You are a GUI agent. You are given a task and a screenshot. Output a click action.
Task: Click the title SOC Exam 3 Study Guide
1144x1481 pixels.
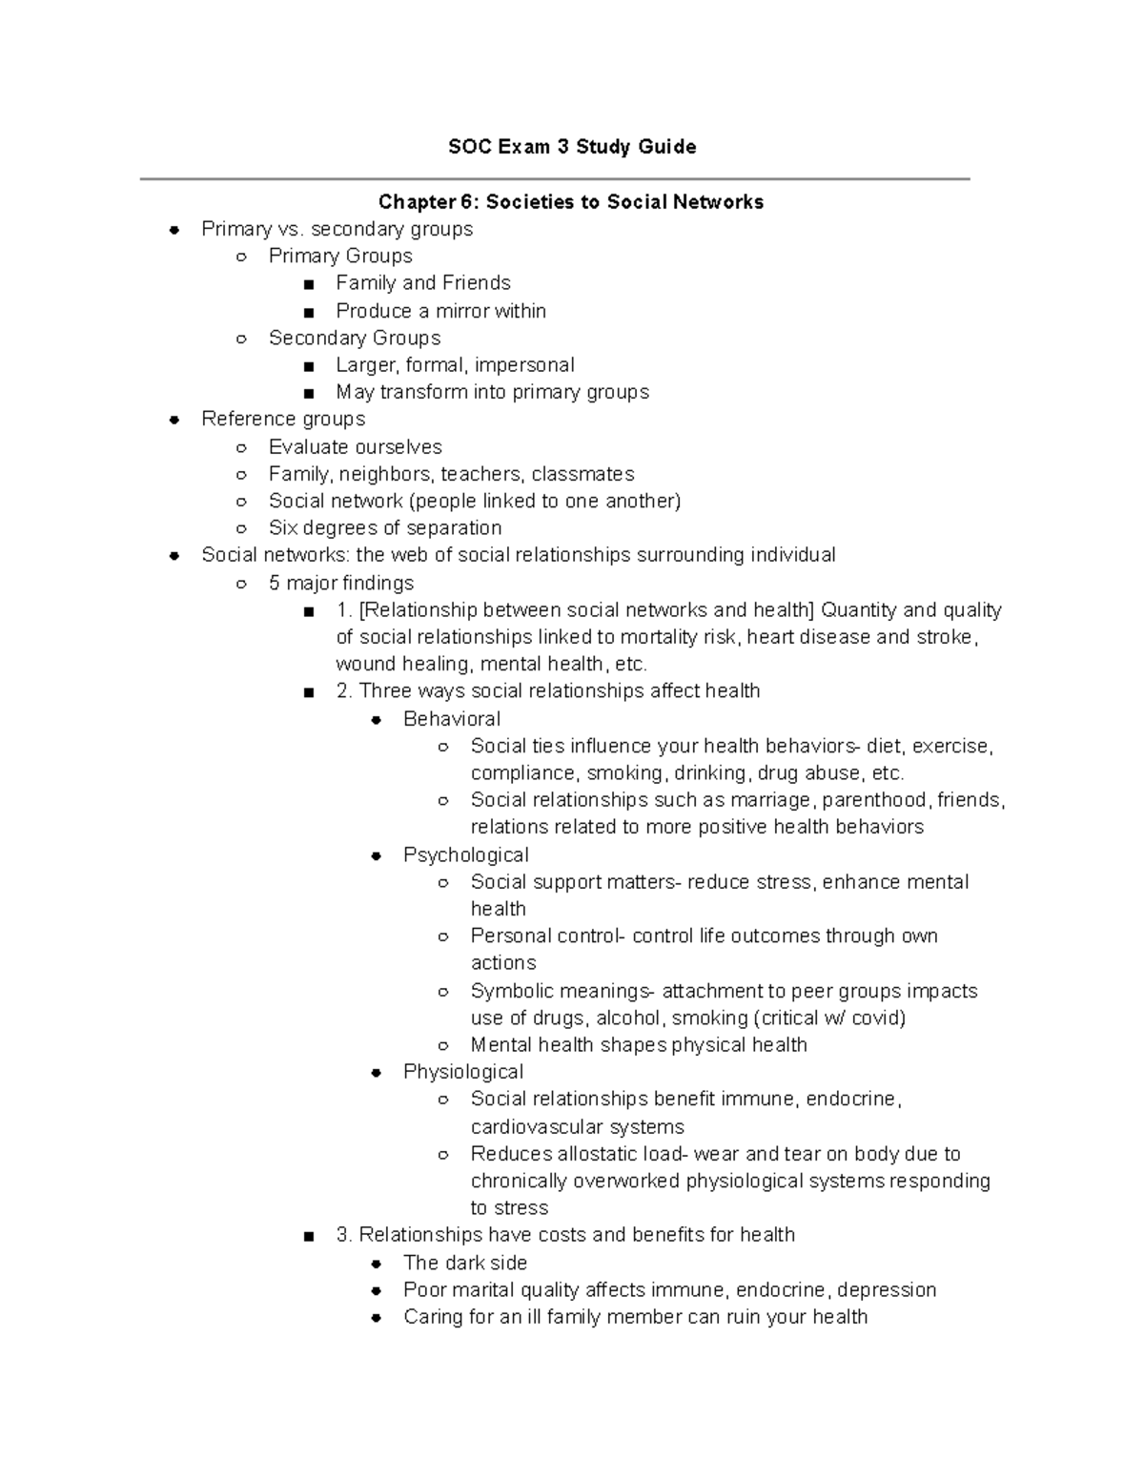point(572,147)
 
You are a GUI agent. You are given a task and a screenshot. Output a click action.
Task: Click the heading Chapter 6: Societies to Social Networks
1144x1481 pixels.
point(571,201)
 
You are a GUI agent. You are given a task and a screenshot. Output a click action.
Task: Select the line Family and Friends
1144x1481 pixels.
point(423,283)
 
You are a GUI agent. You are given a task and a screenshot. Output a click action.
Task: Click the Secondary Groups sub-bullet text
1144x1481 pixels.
point(355,338)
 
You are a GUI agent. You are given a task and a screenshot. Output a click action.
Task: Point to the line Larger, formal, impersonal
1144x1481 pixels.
point(455,365)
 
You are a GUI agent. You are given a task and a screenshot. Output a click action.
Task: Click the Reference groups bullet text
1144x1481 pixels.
point(283,419)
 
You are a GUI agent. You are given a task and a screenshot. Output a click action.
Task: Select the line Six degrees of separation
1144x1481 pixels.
point(385,527)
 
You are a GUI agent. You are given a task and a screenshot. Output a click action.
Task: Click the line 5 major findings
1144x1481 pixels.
point(341,583)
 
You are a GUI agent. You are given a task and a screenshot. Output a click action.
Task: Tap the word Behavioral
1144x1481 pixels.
point(452,719)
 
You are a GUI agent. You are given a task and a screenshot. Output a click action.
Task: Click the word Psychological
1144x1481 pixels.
point(465,854)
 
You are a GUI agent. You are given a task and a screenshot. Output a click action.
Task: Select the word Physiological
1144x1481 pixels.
point(463,1072)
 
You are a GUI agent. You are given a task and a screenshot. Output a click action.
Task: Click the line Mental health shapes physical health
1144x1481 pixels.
point(639,1045)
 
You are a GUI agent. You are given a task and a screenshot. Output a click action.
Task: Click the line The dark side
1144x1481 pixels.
point(465,1263)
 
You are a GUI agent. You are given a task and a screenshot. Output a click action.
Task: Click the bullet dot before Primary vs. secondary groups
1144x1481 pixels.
point(174,230)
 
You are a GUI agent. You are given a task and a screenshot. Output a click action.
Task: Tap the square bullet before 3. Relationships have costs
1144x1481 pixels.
point(308,1237)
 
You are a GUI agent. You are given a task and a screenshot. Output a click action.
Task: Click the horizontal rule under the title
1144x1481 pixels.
point(555,178)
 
